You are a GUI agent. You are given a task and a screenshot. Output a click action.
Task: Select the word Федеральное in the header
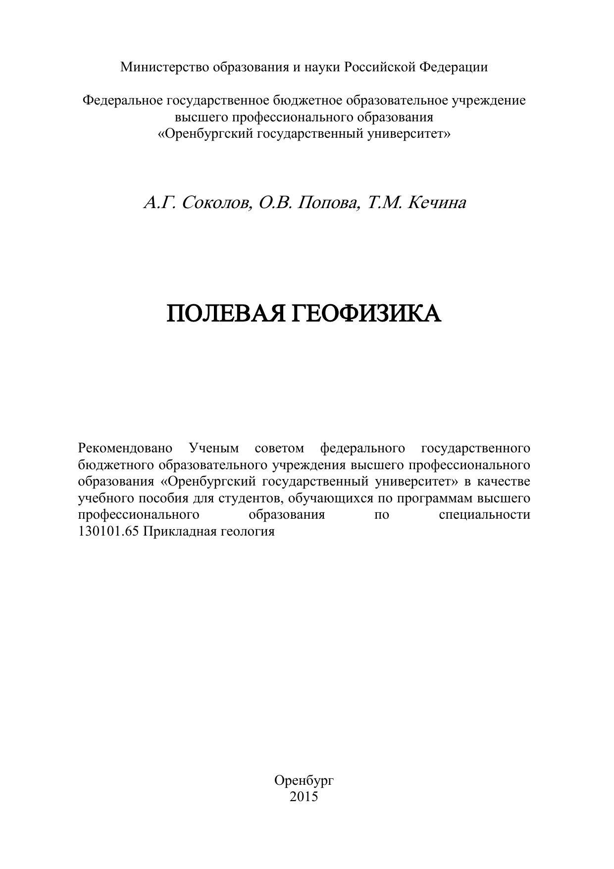(x=122, y=101)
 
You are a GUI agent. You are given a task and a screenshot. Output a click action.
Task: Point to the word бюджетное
(x=307, y=101)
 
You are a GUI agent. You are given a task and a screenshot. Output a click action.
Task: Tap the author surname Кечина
(x=437, y=203)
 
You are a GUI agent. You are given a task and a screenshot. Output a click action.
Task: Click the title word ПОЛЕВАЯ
(x=226, y=314)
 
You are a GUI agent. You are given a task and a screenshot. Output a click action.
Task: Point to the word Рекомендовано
(x=125, y=448)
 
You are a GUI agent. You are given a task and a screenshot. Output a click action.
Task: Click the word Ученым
(x=214, y=448)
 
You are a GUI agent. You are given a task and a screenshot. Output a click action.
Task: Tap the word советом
(x=279, y=448)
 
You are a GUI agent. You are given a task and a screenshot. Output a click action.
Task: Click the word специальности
(x=484, y=514)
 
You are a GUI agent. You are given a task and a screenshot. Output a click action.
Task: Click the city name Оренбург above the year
(x=304, y=781)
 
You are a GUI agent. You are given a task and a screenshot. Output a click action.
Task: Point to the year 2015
(x=304, y=797)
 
